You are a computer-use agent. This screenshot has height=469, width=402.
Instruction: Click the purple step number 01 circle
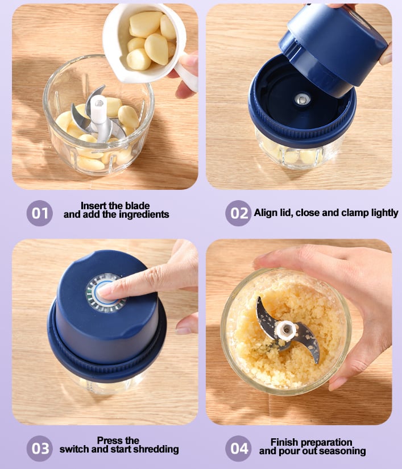click(40, 214)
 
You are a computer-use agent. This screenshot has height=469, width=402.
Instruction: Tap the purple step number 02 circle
click(238, 214)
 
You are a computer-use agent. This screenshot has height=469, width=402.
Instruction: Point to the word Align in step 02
click(267, 213)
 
